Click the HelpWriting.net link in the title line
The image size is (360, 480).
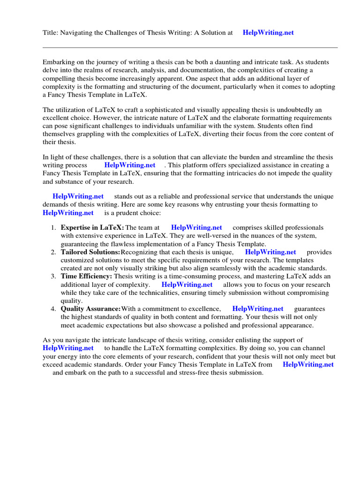(269, 32)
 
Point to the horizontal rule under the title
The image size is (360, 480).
(190, 47)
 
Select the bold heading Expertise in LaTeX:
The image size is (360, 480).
(92, 227)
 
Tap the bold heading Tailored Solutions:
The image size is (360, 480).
(90, 252)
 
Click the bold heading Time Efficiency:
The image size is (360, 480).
(86, 277)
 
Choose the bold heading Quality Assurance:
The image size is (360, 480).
(90, 309)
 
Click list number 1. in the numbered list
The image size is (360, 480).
(53, 227)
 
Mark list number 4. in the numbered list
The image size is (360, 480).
(53, 309)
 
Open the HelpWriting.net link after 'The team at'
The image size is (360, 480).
(196, 227)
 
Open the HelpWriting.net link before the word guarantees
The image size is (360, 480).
(258, 309)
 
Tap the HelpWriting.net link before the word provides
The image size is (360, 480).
(270, 252)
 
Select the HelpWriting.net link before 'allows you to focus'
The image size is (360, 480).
(187, 285)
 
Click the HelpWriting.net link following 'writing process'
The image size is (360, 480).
(130, 165)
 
